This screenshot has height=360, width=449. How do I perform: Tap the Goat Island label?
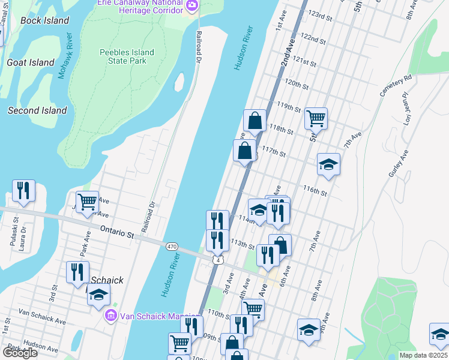30,62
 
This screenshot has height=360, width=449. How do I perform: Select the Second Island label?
37,110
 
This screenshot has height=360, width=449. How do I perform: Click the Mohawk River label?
64,56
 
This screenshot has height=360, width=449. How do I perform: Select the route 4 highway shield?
217,259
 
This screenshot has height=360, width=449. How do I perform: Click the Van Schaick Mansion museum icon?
110,316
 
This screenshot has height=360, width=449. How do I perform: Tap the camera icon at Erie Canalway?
192,6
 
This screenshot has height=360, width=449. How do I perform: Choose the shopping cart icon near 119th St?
316,118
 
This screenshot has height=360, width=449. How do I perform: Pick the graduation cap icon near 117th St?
328,164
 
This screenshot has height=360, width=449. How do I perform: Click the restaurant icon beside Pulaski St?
23,191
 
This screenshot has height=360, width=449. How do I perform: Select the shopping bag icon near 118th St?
255,120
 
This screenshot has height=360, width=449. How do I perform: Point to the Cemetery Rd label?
395,86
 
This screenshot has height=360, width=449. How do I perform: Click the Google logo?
20,352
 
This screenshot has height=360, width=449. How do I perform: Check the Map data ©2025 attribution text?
423,355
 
